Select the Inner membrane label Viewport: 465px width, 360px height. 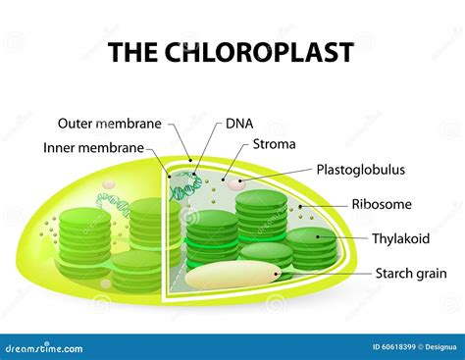(x=94, y=148)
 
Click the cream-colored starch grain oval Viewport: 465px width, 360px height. (x=233, y=277)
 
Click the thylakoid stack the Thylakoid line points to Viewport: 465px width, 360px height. (x=311, y=245)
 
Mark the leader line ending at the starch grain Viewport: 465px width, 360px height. (x=324, y=274)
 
